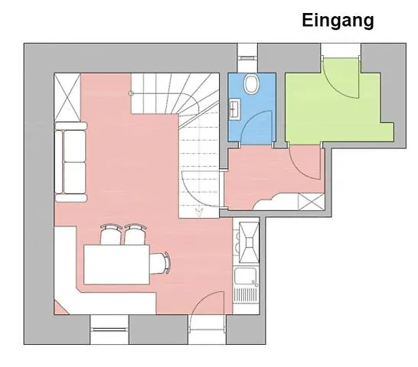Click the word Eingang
[338, 21]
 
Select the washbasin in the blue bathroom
[234, 109]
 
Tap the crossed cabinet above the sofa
[67, 97]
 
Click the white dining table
[115, 264]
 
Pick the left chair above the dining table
[111, 235]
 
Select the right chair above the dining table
[136, 235]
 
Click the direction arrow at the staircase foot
[198, 206]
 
